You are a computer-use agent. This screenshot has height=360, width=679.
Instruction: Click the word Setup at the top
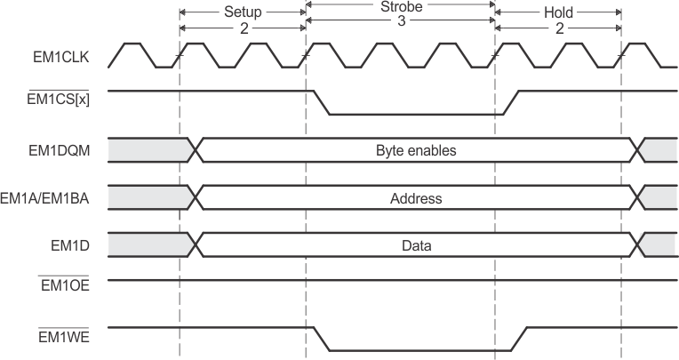click(242, 13)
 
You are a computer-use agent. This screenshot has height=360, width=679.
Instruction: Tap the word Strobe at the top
click(400, 6)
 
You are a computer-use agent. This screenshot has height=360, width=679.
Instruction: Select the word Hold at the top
click(558, 13)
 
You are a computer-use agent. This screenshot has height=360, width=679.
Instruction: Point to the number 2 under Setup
click(242, 28)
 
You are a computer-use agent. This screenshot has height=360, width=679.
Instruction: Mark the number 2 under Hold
click(558, 28)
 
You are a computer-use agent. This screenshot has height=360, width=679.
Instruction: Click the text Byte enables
click(416, 150)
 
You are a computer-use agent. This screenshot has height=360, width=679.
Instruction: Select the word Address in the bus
click(416, 198)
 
